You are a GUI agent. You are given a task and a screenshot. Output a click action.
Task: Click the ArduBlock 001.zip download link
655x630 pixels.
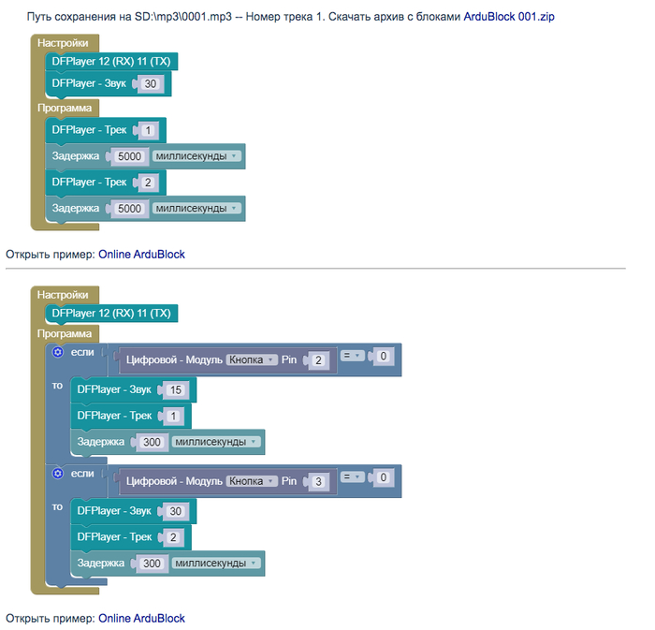tap(509, 17)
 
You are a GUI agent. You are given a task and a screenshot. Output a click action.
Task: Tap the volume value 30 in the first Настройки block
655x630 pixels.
tap(151, 83)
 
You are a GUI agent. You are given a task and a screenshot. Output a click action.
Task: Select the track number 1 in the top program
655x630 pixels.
tap(148, 130)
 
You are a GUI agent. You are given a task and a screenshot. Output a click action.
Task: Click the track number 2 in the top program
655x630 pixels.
tap(148, 183)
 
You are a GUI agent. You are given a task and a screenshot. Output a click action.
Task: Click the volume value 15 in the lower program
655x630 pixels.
tap(176, 390)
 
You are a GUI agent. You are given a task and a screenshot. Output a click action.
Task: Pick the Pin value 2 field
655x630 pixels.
tap(318, 360)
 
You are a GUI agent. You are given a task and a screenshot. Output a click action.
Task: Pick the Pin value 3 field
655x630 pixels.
tap(318, 481)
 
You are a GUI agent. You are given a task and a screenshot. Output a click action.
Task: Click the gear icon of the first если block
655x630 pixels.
tap(58, 352)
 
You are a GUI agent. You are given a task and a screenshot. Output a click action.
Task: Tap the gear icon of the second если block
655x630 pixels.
tap(58, 474)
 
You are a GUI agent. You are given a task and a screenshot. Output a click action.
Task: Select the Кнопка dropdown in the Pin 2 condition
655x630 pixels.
tap(252, 359)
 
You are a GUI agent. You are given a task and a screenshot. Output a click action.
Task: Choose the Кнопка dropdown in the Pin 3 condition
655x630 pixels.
tap(252, 481)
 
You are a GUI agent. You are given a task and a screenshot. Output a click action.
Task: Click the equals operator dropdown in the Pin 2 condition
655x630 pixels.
tap(352, 356)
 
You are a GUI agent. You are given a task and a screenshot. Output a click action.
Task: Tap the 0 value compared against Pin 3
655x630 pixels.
tap(383, 477)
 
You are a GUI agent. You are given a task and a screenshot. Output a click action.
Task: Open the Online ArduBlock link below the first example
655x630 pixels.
tap(141, 255)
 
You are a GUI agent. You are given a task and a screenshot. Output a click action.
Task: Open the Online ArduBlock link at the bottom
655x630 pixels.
tap(141, 619)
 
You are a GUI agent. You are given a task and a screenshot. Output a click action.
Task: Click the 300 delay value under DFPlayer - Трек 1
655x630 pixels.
tap(152, 442)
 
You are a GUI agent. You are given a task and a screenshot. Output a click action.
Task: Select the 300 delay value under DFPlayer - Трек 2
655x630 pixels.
tap(152, 564)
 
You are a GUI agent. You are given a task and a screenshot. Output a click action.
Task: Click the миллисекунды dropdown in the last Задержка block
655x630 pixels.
tap(216, 564)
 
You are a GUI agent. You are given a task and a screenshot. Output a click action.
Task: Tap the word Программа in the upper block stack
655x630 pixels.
tap(65, 109)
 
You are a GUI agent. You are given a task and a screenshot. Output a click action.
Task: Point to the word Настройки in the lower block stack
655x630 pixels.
tap(63, 295)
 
